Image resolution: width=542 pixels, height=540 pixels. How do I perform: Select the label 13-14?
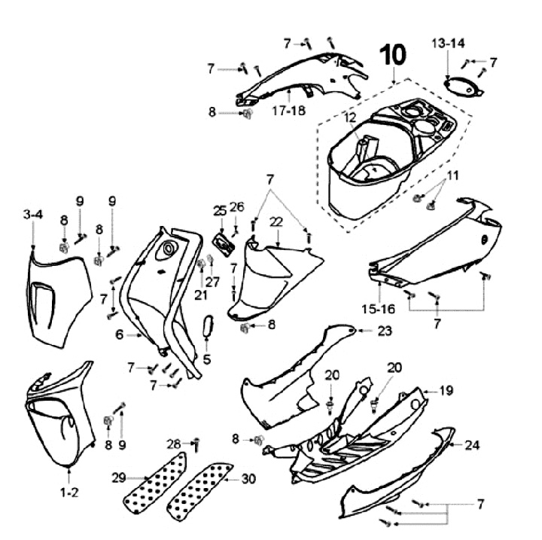click(x=448, y=44)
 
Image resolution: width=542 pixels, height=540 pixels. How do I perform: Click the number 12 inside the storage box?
click(x=350, y=117)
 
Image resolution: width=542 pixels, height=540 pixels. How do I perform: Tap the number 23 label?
click(x=385, y=330)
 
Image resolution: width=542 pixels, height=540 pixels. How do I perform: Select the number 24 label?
click(x=471, y=445)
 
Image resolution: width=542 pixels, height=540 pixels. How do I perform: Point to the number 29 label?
click(x=117, y=477)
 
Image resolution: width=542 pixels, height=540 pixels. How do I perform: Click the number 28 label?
click(x=173, y=443)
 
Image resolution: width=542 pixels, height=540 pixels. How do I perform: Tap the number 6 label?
click(x=118, y=334)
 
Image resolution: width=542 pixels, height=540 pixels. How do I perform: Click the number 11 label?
click(x=452, y=175)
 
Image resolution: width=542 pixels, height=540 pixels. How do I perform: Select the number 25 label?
click(x=219, y=209)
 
